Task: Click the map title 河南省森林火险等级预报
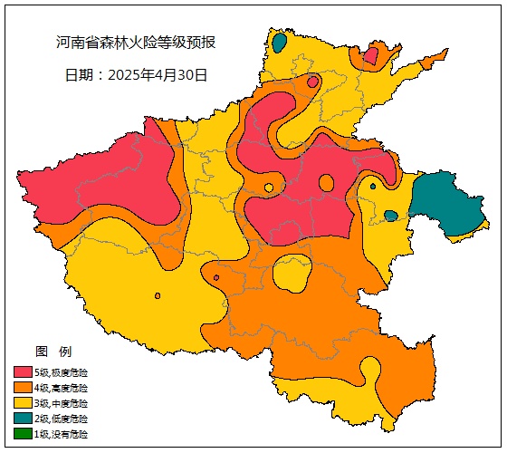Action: tap(136, 43)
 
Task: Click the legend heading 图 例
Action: tap(53, 352)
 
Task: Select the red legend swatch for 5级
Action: tap(23, 372)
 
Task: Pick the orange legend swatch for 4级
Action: tap(23, 388)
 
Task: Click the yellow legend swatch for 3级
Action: tap(23, 403)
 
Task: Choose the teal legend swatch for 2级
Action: tap(23, 419)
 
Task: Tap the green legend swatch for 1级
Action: tap(23, 434)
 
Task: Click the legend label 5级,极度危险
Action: tap(62, 372)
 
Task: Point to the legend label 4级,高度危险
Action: tap(62, 388)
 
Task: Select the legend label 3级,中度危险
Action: tap(62, 403)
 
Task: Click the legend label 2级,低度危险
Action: tap(62, 419)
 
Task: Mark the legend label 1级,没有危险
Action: tap(62, 434)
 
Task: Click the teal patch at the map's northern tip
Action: tap(280, 42)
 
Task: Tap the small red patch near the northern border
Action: tap(370, 57)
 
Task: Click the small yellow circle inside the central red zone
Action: tap(269, 188)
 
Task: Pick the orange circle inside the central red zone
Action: tap(326, 183)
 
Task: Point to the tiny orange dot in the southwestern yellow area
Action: tap(158, 295)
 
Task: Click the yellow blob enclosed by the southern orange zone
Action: tap(292, 274)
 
